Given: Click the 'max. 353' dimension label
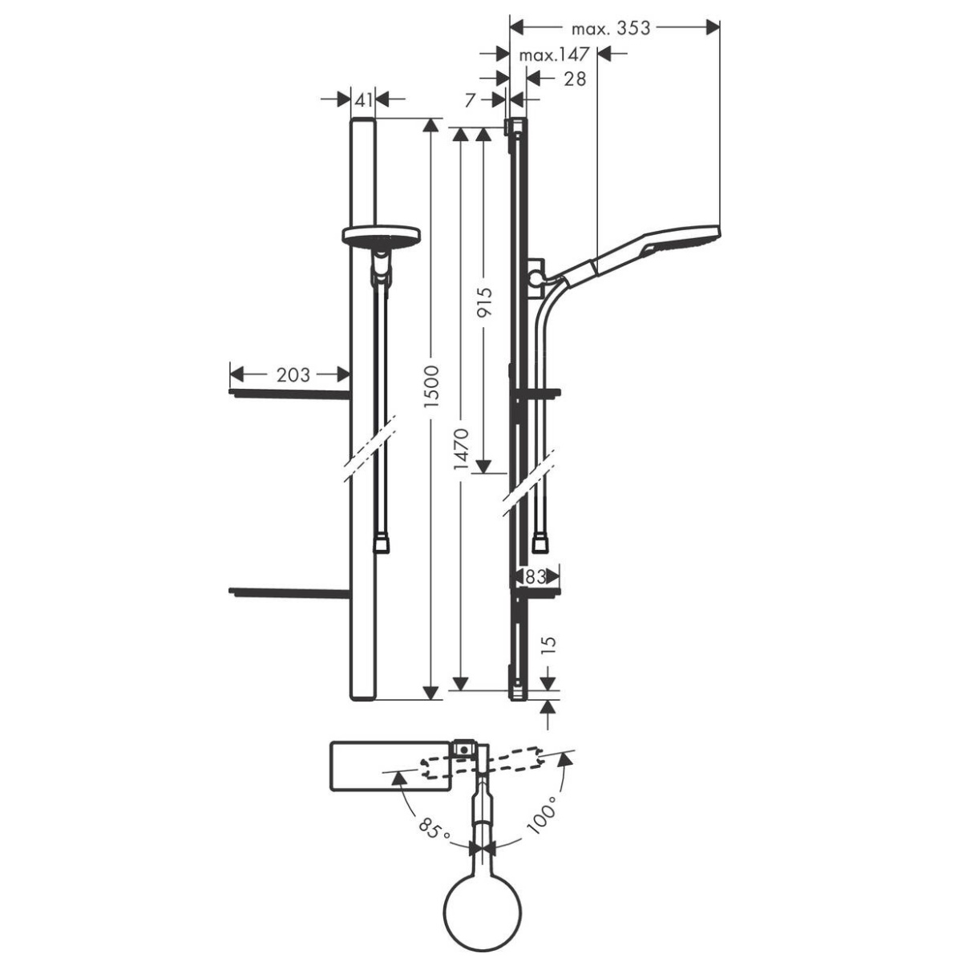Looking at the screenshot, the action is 611,28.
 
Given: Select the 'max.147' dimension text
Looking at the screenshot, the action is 554,55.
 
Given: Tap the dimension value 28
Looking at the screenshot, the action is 575,79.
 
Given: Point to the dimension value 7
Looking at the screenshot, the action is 469,100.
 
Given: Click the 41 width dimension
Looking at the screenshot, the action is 363,100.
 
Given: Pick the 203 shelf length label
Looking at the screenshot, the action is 293,374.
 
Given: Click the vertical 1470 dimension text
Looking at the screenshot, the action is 461,449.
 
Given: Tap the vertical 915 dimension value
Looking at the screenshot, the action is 483,301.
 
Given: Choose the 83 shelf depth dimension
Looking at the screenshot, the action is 536,577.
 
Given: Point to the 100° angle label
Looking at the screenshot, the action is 543,820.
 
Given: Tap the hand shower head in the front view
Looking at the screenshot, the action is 382,235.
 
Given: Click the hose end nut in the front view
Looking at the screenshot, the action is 381,544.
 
